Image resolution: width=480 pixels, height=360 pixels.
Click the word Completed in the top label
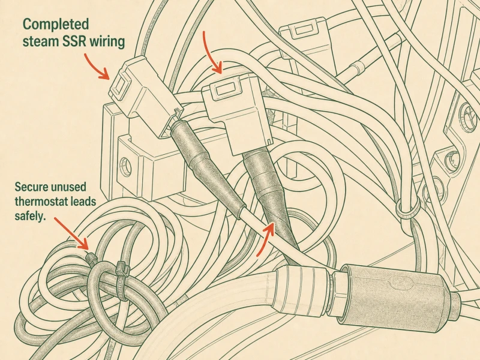(56, 24)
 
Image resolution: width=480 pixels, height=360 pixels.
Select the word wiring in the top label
(107, 42)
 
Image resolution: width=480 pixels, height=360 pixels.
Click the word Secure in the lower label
(32, 187)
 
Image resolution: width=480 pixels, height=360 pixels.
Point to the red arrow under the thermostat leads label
(71, 233)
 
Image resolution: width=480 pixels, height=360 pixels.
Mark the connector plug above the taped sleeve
(236, 113)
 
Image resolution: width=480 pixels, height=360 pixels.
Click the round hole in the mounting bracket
(125, 166)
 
